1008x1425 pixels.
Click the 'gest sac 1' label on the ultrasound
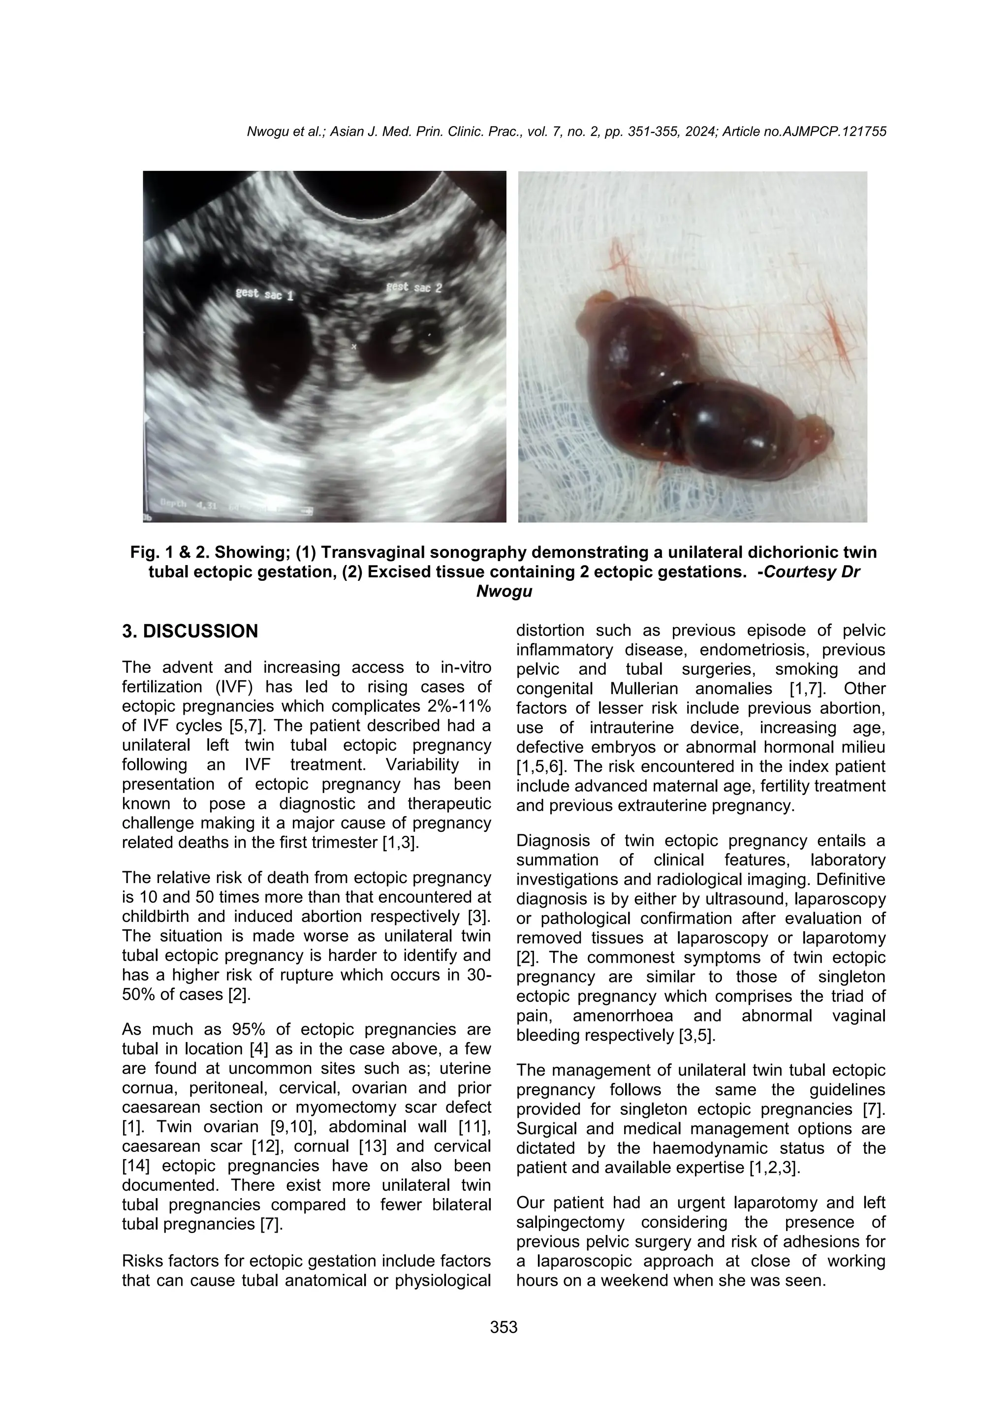tap(264, 293)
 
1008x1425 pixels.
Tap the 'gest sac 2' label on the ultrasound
tap(414, 287)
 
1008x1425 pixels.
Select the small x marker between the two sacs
tap(354, 347)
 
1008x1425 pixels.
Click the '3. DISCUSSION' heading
tap(190, 631)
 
